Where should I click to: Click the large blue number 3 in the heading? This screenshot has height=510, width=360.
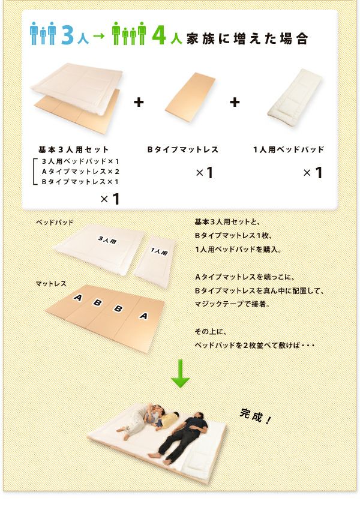67,34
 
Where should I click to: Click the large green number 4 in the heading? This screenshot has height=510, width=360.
159,34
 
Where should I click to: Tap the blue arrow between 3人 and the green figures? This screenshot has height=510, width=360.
98,35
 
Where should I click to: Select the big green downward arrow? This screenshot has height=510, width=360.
180,373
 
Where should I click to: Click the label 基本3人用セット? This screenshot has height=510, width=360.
73,149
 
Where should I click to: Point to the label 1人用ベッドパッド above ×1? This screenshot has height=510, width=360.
289,149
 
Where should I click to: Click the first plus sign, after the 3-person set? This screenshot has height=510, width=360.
139,102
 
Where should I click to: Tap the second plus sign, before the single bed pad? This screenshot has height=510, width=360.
235,102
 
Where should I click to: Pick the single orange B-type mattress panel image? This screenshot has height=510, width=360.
190,97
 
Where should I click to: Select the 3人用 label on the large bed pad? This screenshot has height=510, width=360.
107,240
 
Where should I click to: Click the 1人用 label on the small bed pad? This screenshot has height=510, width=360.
159,251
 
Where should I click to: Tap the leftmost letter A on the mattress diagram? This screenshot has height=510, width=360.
78,297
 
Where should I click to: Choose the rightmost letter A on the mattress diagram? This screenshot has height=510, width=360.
143,316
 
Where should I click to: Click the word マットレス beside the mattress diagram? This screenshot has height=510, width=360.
51,284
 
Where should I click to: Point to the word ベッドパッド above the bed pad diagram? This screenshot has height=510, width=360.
55,223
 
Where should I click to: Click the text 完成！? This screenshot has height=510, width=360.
255,416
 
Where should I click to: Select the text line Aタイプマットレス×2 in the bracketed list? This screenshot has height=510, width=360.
80,172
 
